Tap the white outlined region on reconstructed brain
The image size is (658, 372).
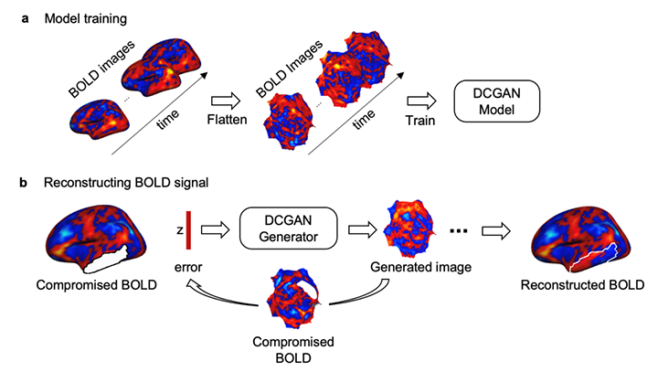594,259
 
